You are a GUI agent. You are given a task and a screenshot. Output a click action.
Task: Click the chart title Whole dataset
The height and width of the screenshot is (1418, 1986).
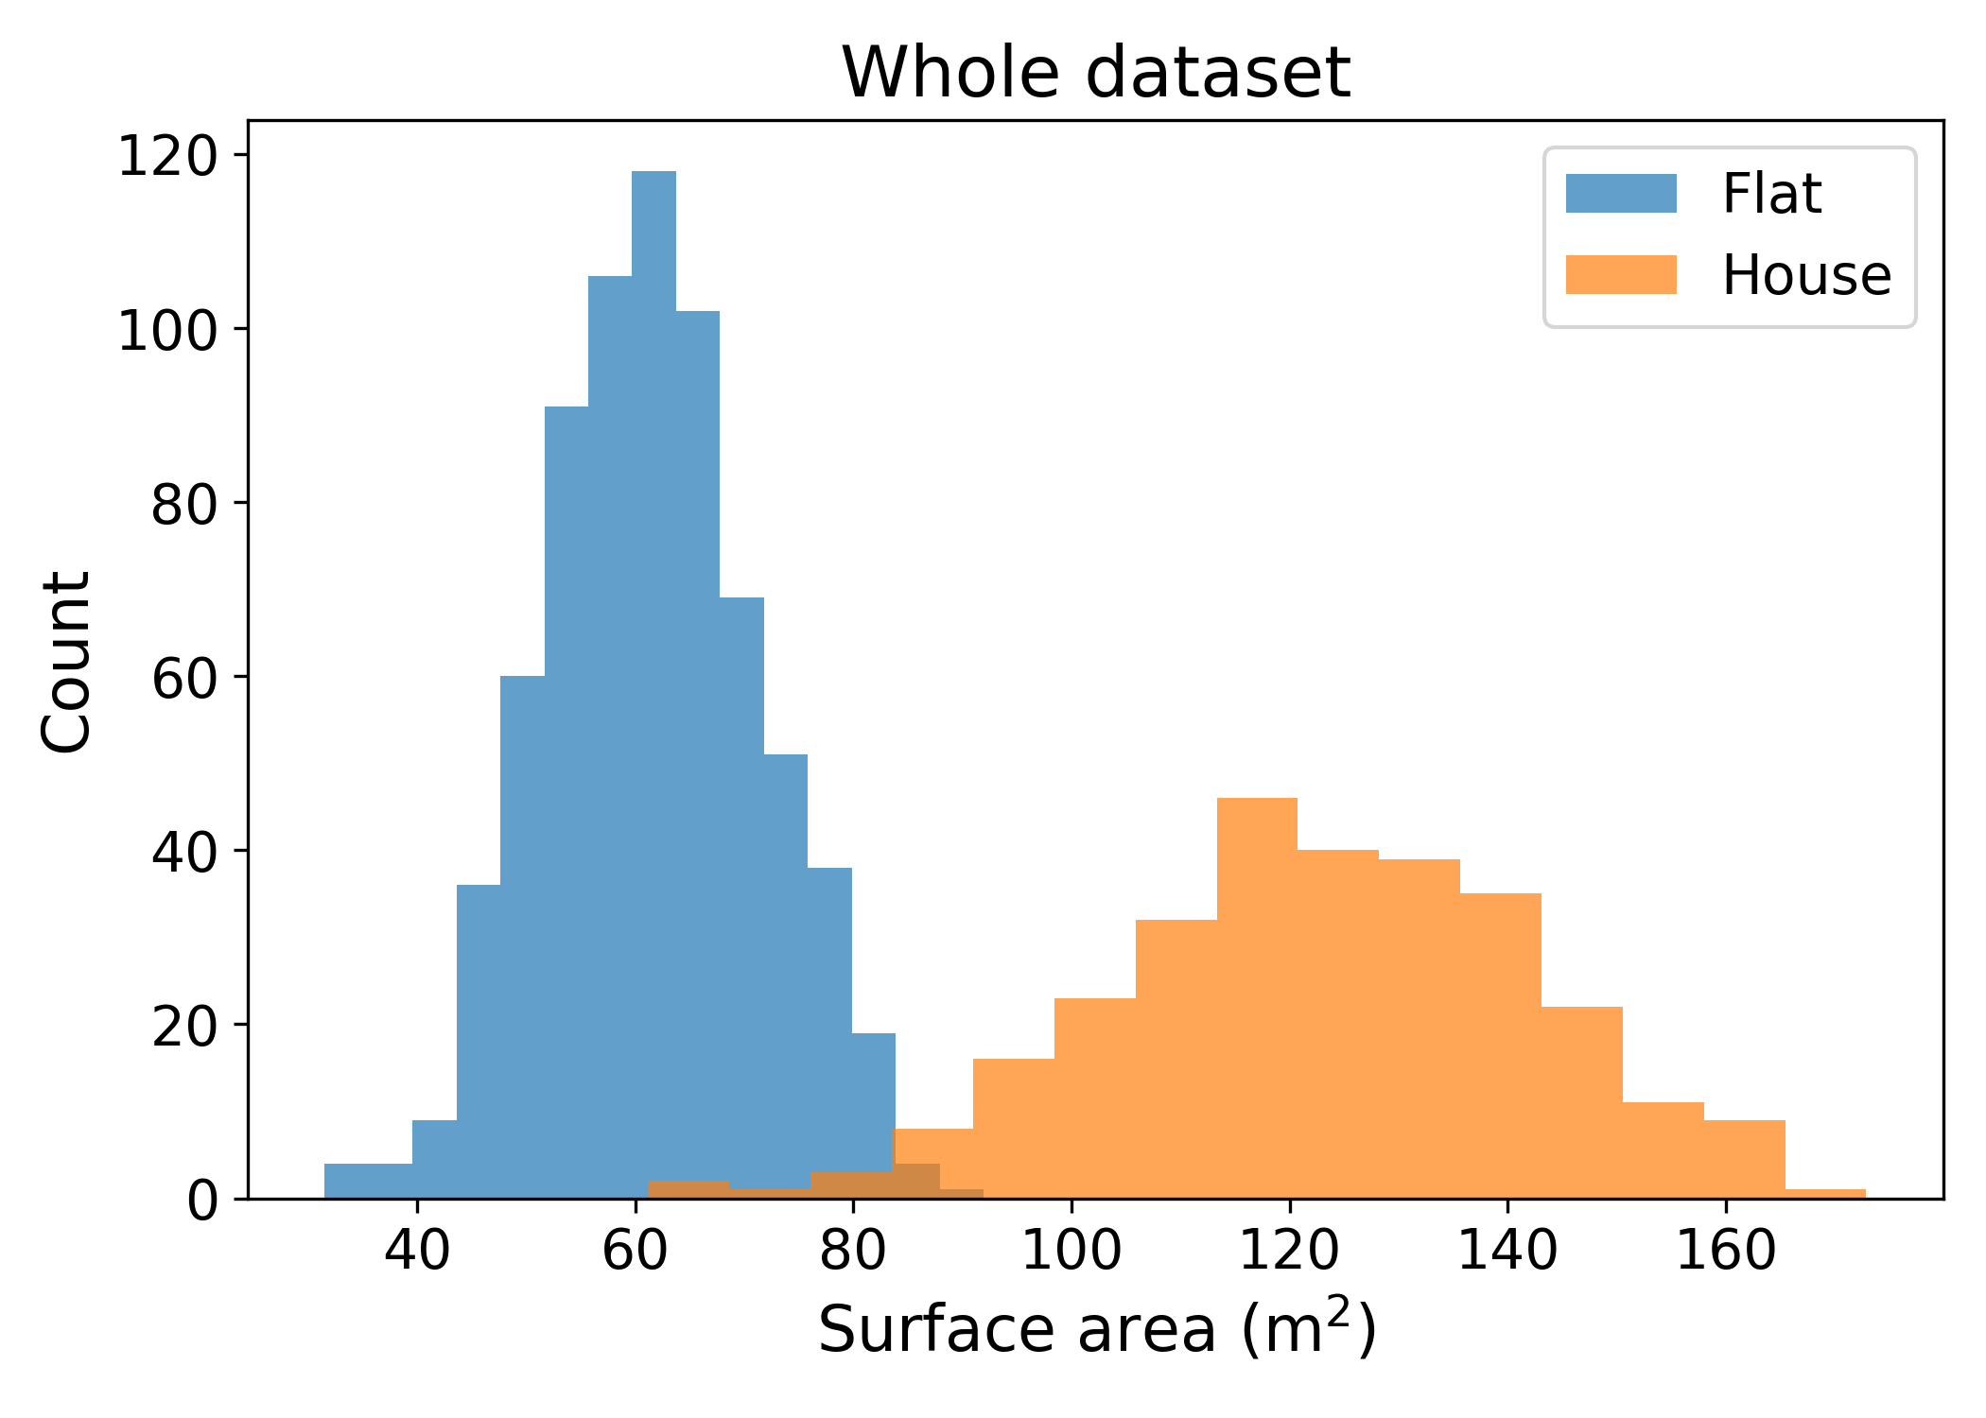pyautogui.click(x=1095, y=73)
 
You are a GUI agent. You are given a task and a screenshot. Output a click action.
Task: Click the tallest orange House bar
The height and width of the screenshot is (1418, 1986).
pyautogui.click(x=1257, y=993)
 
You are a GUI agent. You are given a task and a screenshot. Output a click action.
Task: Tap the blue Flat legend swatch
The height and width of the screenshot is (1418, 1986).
pyautogui.click(x=1621, y=194)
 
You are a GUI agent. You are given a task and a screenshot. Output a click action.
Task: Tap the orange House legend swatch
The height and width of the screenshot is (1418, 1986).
pyautogui.click(x=1621, y=275)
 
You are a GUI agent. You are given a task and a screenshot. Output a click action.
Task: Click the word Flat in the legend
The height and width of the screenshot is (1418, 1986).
pyautogui.click(x=1771, y=194)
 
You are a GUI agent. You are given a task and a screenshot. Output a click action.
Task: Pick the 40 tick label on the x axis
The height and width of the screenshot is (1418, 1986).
pyautogui.click(x=417, y=1251)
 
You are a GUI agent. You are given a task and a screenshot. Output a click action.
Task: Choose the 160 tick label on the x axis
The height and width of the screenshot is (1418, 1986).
pyautogui.click(x=1726, y=1251)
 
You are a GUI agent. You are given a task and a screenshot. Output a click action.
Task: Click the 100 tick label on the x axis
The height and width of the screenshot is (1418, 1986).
pyautogui.click(x=1071, y=1251)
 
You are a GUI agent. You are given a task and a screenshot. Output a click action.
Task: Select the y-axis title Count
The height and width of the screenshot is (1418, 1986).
pyautogui.click(x=66, y=662)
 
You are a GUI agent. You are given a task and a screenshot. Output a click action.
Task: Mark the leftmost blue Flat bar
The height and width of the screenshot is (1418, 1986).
pyautogui.click(x=368, y=1181)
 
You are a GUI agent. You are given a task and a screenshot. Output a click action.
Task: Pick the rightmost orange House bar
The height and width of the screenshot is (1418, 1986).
pyautogui.click(x=1825, y=1194)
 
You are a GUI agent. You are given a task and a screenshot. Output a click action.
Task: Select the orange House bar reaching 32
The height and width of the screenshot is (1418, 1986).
pyautogui.click(x=1176, y=1059)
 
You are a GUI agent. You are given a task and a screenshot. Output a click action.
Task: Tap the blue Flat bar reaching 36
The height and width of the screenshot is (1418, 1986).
pyautogui.click(x=479, y=1040)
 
